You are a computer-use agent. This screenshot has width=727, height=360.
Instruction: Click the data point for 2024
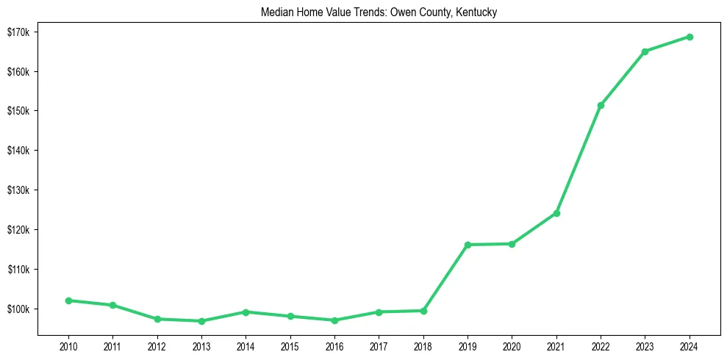(x=690, y=37)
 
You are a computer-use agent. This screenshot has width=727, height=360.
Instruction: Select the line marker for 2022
(x=601, y=105)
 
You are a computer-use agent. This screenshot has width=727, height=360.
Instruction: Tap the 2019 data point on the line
(x=468, y=245)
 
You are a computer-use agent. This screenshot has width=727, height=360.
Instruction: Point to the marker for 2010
(x=68, y=300)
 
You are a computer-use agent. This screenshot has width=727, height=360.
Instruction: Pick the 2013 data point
(x=201, y=321)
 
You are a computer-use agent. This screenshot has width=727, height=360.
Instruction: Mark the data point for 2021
(x=556, y=213)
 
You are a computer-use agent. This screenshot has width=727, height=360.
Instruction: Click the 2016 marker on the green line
(x=334, y=320)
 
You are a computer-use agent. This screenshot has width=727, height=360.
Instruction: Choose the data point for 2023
(x=645, y=51)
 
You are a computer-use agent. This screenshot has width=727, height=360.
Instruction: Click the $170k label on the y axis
(x=18, y=32)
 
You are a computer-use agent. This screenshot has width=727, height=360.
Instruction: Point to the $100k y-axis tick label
(x=18, y=309)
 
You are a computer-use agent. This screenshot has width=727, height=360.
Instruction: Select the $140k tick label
(x=18, y=151)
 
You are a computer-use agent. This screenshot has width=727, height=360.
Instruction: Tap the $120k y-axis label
(x=18, y=230)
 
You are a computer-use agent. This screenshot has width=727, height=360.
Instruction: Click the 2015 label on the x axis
(x=290, y=345)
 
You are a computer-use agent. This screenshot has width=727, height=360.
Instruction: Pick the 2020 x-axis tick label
(x=512, y=345)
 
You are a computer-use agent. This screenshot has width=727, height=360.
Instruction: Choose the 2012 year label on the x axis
(x=157, y=345)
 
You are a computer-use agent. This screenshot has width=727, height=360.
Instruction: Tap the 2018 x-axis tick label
(x=423, y=345)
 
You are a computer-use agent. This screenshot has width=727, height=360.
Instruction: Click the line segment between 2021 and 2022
(x=579, y=159)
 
